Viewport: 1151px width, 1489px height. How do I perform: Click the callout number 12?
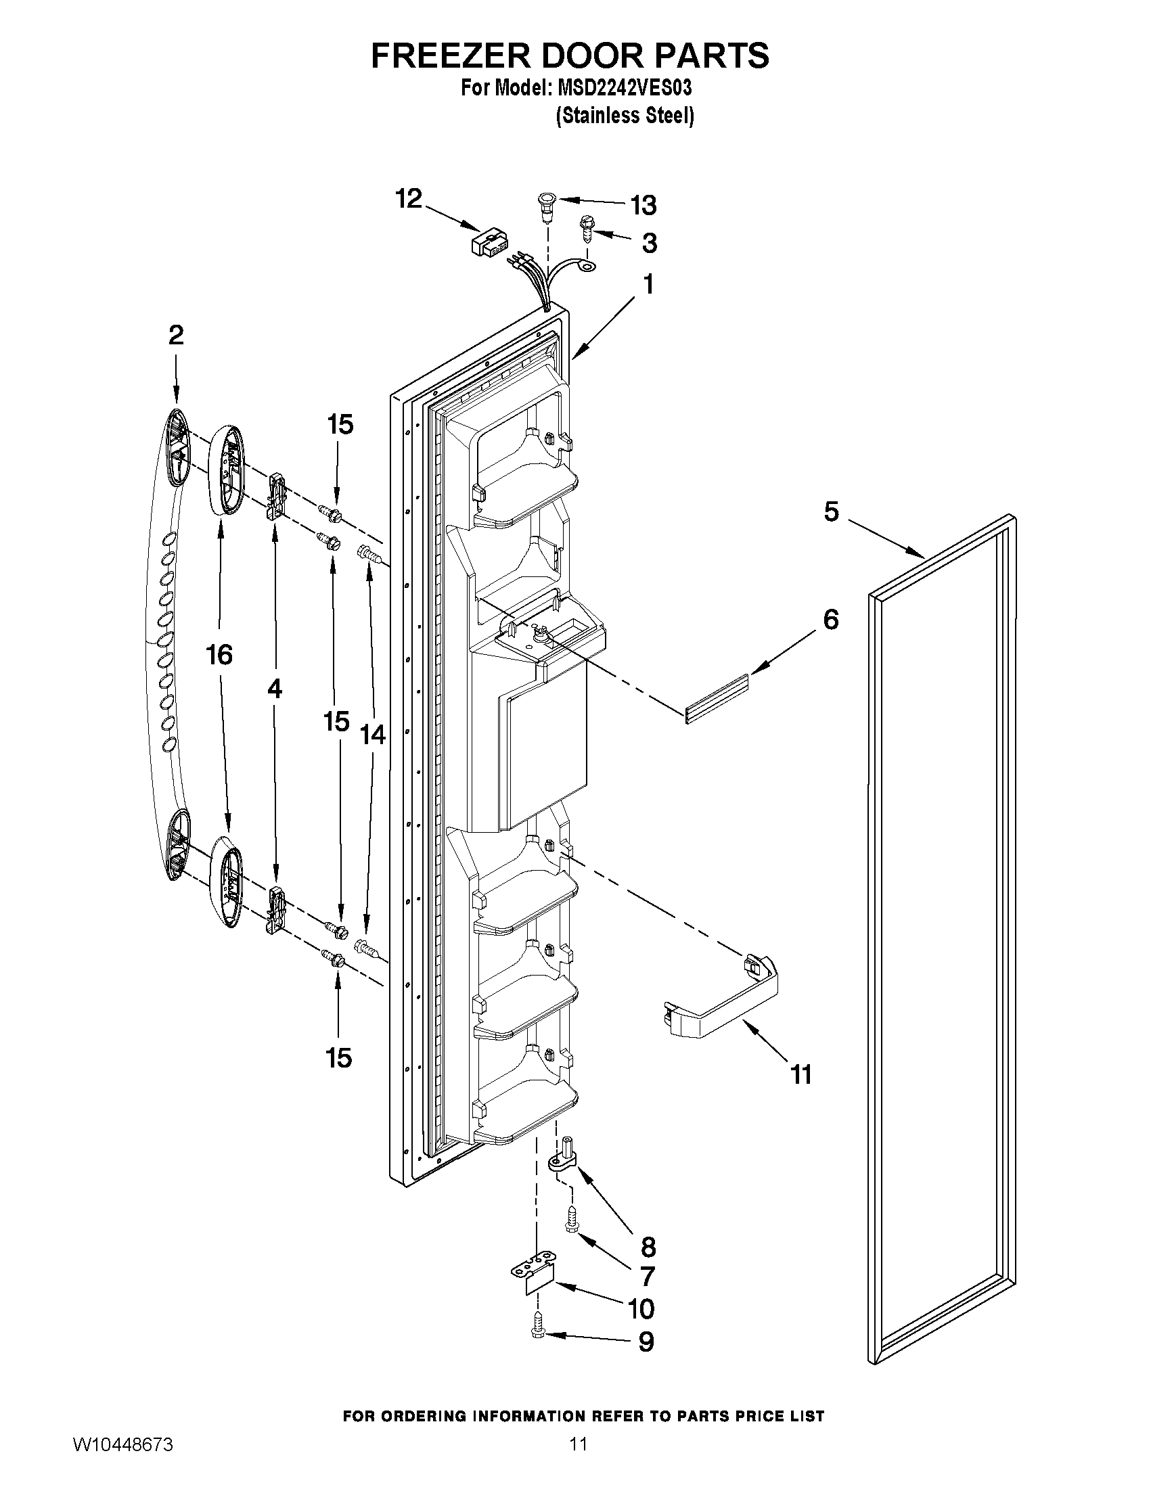coord(409,200)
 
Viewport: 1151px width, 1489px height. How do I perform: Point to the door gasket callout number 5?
coord(830,511)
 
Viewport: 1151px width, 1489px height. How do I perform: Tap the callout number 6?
coord(830,619)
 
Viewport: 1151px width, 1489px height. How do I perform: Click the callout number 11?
coord(802,1074)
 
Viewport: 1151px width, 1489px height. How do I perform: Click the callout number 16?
coord(219,654)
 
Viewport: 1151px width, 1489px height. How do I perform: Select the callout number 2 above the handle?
coord(176,335)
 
